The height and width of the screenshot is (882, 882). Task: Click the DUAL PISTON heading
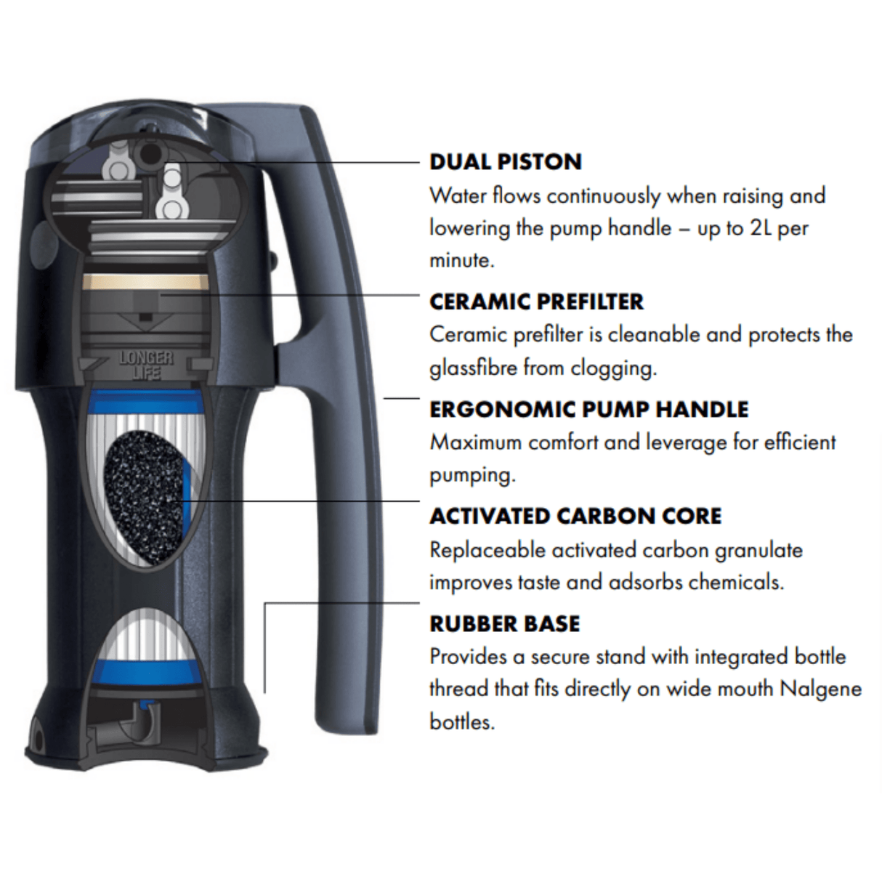[x=506, y=162]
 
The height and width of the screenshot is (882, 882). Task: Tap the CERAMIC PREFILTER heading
[x=537, y=302]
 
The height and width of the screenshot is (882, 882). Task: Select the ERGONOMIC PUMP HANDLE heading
[x=589, y=409]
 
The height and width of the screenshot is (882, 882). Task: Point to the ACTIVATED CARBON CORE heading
[x=575, y=517]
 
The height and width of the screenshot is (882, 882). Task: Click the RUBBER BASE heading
[x=505, y=624]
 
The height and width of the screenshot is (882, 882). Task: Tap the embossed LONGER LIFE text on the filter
[x=146, y=365]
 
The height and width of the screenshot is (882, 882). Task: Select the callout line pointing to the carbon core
[x=301, y=501]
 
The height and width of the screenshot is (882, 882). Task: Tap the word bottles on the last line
[x=462, y=723]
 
